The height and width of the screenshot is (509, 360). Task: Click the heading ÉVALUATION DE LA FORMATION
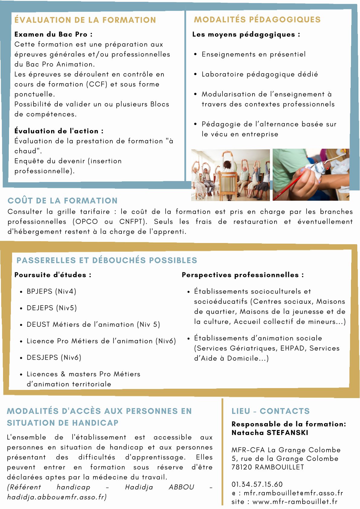(85, 20)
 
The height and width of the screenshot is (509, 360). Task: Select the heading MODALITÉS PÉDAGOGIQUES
(257, 19)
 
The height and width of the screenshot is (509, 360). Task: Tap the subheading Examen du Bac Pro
(53, 34)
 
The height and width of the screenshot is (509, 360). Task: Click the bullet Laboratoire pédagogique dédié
(260, 74)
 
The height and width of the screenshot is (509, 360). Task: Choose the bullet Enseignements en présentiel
(254, 54)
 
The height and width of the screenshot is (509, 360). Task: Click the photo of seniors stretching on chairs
(230, 175)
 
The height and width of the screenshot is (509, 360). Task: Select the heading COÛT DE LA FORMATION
(63, 200)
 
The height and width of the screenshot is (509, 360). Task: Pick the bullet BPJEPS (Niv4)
(51, 291)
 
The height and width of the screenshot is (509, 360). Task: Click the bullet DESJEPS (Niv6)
(54, 357)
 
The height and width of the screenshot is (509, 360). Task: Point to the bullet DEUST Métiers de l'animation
(93, 324)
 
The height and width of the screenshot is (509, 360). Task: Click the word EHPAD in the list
(292, 348)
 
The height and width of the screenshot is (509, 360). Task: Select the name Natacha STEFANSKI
(270, 433)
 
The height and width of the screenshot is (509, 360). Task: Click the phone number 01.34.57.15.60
(257, 484)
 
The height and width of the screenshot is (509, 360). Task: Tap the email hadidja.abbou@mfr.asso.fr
(57, 497)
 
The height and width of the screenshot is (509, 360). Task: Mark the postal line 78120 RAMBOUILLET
(268, 467)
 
